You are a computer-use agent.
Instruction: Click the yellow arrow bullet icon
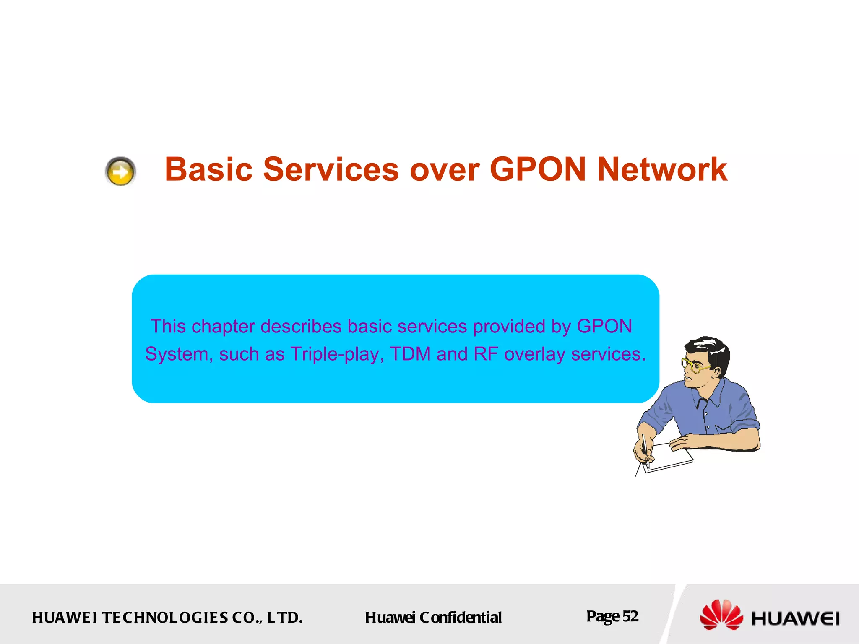point(120,171)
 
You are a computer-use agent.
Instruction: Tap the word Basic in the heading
point(208,169)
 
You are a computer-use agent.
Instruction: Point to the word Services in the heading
point(331,169)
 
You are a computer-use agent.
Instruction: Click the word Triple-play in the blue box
point(337,354)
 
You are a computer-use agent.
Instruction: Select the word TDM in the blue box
point(410,354)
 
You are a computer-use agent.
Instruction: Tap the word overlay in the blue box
point(534,354)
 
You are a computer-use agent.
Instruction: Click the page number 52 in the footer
point(630,616)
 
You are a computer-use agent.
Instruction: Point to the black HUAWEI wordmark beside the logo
point(795,618)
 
